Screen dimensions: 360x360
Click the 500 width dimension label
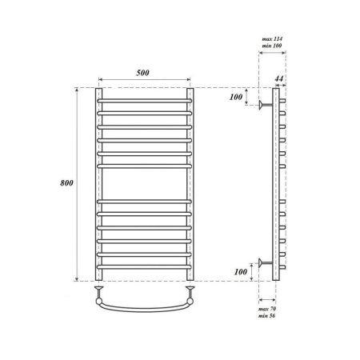coord(144,74)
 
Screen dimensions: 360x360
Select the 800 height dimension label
coord(67,183)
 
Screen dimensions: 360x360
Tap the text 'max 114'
coord(273,38)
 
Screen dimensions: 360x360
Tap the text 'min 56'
coord(267,318)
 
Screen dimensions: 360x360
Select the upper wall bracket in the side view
coord(264,104)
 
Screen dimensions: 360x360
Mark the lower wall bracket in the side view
coord(264,261)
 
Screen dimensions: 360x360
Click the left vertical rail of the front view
coord(98,184)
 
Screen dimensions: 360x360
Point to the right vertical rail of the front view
coord(190,184)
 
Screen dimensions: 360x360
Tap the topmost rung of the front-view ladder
coord(144,101)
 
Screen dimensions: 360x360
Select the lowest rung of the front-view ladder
coord(144,267)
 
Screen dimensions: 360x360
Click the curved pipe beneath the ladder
coord(144,305)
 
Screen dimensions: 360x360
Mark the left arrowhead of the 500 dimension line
coord(102,80)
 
